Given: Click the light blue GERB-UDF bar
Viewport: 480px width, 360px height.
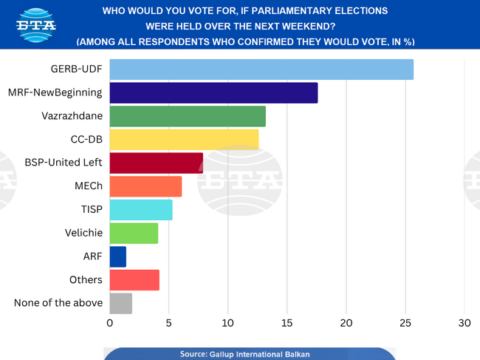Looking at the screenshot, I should [x=261, y=69].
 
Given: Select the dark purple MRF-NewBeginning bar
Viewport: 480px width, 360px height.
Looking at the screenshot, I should [x=213, y=93].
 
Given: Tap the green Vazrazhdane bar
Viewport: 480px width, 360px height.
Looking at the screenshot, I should [x=188, y=116].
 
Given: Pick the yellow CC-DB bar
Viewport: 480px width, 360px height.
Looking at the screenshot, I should [x=184, y=140].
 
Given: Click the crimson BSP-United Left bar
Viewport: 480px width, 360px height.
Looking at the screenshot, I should [x=156, y=163].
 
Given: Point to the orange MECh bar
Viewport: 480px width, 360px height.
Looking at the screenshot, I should [x=145, y=186].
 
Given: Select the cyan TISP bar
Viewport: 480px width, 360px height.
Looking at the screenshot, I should [x=141, y=210].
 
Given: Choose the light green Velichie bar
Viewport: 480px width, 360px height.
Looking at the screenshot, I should [x=134, y=234].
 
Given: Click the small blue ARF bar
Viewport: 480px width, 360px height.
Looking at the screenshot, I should [x=117, y=257].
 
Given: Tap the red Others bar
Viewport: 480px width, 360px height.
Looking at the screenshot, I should [x=134, y=280].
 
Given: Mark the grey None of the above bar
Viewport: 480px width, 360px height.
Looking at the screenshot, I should [x=120, y=303].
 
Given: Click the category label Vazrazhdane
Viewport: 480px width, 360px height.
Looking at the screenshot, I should [x=72, y=116].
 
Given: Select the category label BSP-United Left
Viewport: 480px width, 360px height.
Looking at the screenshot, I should [x=64, y=163].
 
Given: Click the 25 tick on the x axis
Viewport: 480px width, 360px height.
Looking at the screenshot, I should [x=405, y=323].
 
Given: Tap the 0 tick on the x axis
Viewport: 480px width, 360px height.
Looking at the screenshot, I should [x=110, y=323].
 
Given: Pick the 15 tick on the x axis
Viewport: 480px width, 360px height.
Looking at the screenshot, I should [x=287, y=323].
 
